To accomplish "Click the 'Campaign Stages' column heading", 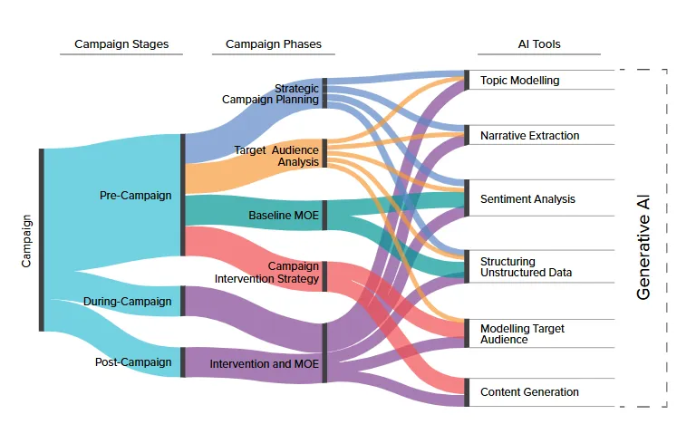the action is [121, 44].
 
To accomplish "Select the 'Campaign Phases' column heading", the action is [274, 44].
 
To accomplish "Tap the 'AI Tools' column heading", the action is [539, 44].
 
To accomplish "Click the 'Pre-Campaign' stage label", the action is [135, 196].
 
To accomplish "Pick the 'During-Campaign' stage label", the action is [128, 302].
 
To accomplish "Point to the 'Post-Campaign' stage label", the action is [133, 362].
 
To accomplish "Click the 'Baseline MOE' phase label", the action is [284, 216].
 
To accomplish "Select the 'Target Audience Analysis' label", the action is [276, 156].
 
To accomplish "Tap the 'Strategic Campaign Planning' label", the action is [270, 93].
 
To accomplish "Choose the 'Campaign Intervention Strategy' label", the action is [266, 272].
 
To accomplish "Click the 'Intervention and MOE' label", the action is [264, 364].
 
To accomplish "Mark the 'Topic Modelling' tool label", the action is [520, 81].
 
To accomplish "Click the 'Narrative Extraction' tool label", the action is [530, 135].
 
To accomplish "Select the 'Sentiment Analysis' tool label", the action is [527, 199].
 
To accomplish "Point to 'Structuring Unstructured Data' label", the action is [526, 267].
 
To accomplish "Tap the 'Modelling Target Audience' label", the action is [522, 334].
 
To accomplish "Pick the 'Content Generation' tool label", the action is [529, 392].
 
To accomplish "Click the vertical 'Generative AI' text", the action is [643, 247].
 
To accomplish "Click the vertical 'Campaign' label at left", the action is [26, 241].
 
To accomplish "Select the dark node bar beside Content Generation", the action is [467, 392].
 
